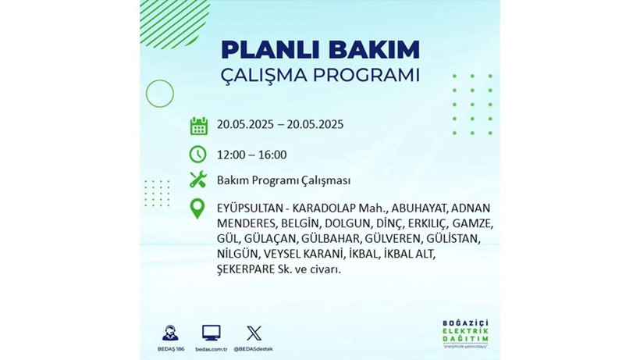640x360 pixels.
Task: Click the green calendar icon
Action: click(198, 125)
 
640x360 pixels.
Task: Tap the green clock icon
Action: click(198, 154)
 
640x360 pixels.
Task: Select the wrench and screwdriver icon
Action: click(198, 180)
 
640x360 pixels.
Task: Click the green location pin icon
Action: click(198, 209)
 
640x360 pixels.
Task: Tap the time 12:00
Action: click(232, 155)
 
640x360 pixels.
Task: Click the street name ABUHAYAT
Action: click(414, 208)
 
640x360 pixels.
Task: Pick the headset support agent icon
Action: click(169, 333)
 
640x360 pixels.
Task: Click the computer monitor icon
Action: click(211, 333)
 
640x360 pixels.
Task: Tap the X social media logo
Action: click(254, 333)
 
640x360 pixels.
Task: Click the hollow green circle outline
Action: click(159, 94)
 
